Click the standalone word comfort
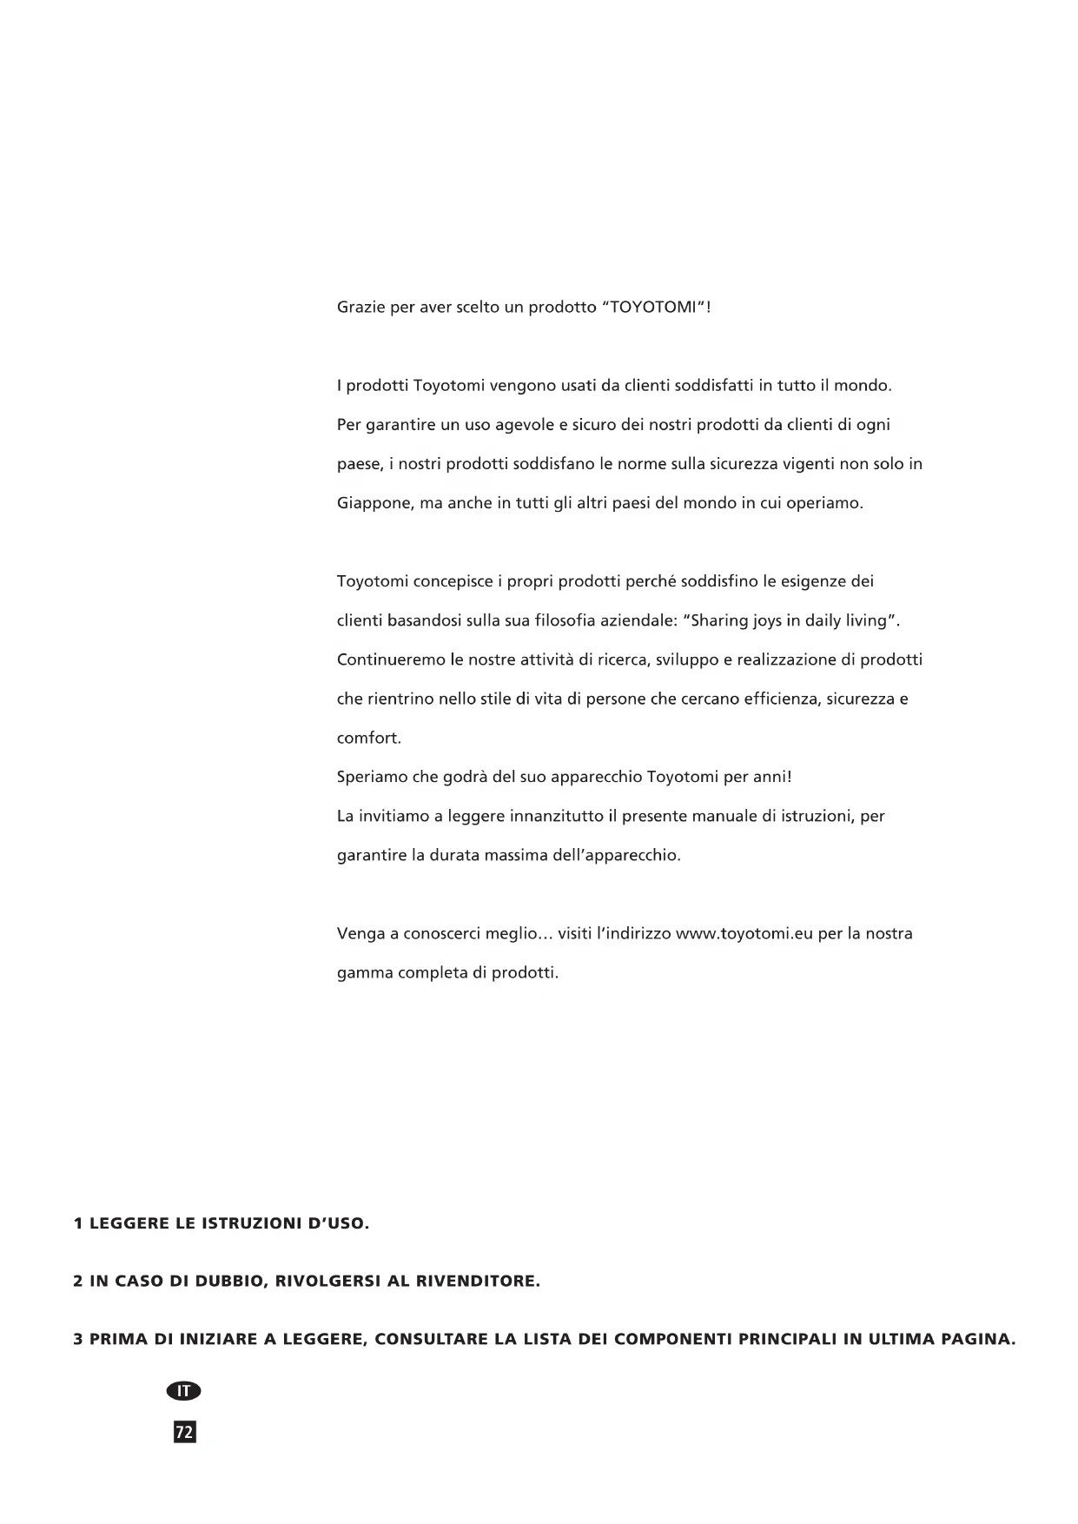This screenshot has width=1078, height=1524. click(368, 739)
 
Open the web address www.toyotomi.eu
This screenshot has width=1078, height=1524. click(744, 934)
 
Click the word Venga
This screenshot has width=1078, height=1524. click(359, 934)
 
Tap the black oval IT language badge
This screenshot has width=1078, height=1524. click(183, 1391)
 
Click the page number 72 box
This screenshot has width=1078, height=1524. click(185, 1432)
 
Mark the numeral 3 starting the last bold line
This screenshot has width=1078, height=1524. click(78, 1340)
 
